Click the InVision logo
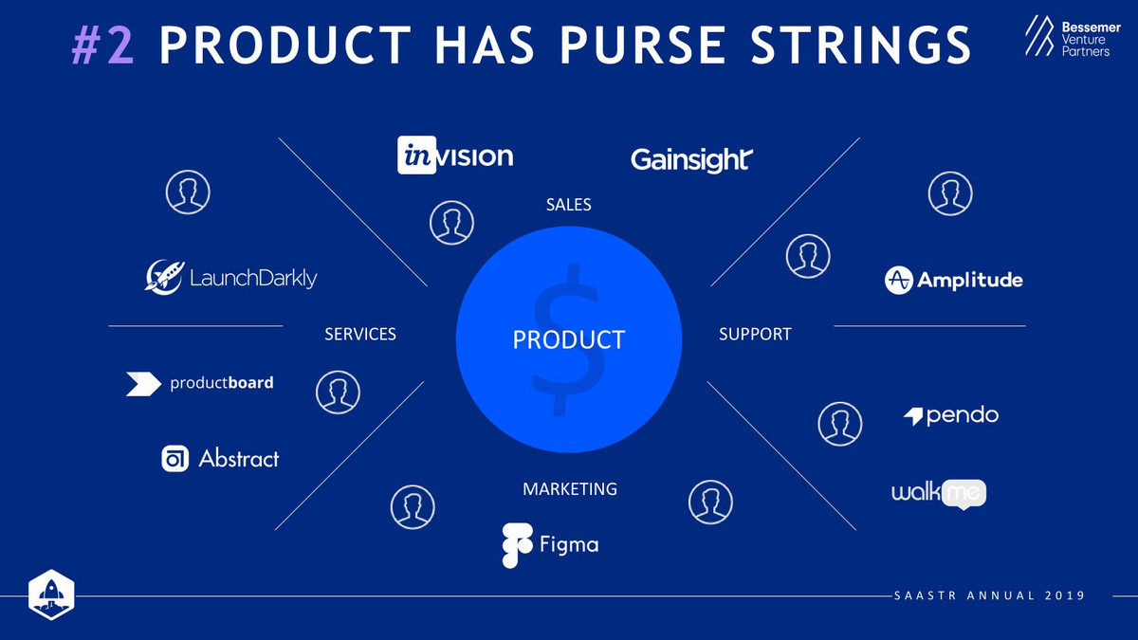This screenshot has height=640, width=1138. tap(455, 155)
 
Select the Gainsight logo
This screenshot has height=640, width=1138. tap(691, 160)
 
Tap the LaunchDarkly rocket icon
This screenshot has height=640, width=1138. tap(165, 277)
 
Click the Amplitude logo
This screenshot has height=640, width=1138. tap(954, 280)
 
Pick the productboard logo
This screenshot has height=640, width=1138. tap(200, 383)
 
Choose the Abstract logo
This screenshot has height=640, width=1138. tap(220, 458)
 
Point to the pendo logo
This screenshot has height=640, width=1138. tap(951, 415)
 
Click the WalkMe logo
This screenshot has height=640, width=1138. tap(939, 494)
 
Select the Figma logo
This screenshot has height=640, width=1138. tap(550, 545)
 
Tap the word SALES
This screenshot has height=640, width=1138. tap(568, 205)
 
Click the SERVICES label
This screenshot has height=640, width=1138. tap(360, 334)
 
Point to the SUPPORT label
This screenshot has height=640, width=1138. tap(755, 334)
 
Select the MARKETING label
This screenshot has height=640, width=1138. tap(570, 489)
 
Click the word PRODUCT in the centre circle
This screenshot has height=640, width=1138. tap(568, 339)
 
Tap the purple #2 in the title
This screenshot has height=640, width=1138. tap(103, 46)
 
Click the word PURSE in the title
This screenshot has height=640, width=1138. tap(643, 46)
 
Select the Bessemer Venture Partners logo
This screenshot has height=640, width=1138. tap(1073, 36)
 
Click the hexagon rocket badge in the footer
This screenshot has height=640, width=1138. tap(51, 594)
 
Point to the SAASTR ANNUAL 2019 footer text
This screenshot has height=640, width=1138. tap(990, 595)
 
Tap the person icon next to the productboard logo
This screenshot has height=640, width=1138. tap(338, 393)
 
